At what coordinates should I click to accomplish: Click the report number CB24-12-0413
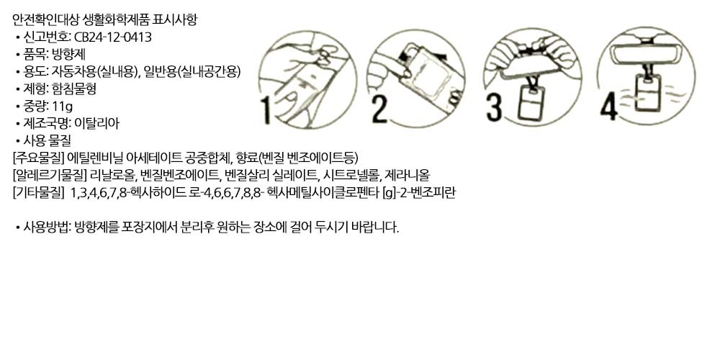112,37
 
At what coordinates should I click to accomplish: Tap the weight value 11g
63,107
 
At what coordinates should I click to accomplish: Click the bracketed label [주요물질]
39,158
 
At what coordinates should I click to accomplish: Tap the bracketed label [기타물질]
39,193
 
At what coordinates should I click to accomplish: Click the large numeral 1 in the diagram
266,109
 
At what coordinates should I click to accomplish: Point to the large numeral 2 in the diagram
379,109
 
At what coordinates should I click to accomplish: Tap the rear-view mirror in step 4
646,53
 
